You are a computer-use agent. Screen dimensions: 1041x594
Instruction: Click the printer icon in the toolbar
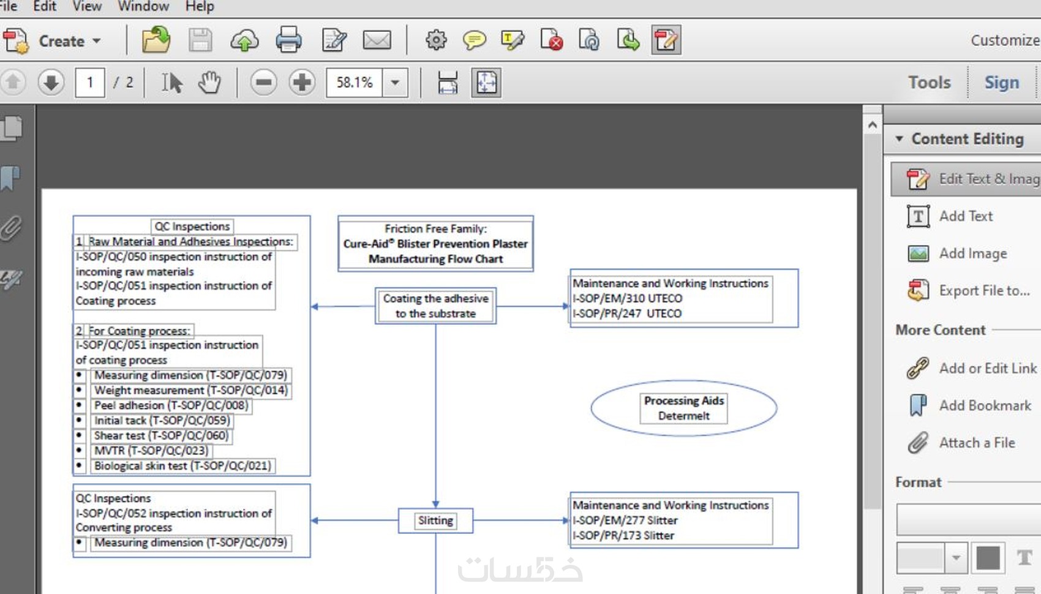(288, 40)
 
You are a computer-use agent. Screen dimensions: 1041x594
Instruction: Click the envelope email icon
(377, 40)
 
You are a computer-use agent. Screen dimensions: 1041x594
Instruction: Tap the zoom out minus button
(263, 82)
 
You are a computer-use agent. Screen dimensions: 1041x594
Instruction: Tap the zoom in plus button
(302, 82)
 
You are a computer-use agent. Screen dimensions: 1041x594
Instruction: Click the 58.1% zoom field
(355, 83)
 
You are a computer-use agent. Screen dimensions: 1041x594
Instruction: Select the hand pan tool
(209, 83)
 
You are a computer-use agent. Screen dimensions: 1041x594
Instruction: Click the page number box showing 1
(90, 83)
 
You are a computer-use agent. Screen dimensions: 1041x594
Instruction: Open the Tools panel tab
(930, 83)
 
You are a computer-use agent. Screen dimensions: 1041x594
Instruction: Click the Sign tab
(1001, 83)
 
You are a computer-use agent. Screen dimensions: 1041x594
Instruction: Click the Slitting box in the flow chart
(435, 521)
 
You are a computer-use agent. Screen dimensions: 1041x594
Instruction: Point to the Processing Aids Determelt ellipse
(683, 408)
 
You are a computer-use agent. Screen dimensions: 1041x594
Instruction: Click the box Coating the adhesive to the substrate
(435, 306)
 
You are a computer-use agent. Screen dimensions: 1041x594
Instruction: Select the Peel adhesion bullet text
(171, 405)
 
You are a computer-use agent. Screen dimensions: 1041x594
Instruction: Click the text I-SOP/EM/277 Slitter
(625, 520)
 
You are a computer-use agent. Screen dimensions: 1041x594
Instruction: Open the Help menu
(200, 7)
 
